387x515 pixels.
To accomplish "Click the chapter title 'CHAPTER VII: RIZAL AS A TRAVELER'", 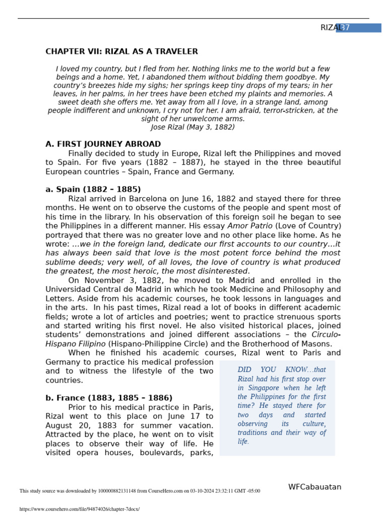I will (121, 52).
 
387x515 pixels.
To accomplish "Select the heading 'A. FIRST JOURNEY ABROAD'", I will (103, 144).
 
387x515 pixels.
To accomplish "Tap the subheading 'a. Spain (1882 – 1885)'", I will (93, 190).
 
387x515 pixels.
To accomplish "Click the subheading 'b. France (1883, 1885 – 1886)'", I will (109, 398).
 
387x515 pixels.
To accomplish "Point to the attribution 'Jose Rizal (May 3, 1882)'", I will (193, 127).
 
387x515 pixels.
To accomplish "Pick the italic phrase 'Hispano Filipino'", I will (76, 344).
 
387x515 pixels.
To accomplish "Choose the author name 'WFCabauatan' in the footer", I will (314, 487).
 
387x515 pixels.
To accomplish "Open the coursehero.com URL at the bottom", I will (80, 509).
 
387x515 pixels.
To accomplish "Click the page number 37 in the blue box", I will (344, 28).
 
